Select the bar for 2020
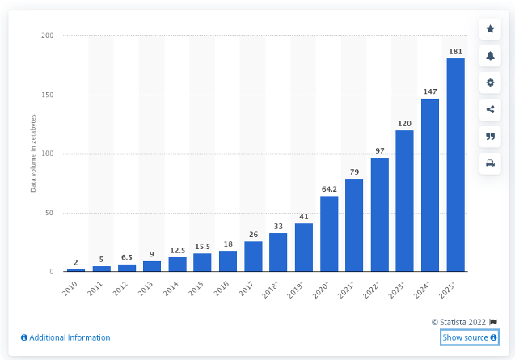pyautogui.click(x=329, y=234)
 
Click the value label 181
pyautogui.click(x=455, y=51)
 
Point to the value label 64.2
pyautogui.click(x=329, y=188)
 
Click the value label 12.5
pyautogui.click(x=178, y=250)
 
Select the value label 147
pyautogui.click(x=430, y=91)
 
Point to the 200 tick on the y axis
pyautogui.click(x=48, y=36)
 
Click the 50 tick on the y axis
pyautogui.click(x=49, y=213)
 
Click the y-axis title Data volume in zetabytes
pyautogui.click(x=33, y=155)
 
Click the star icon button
pyautogui.click(x=490, y=29)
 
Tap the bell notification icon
pyautogui.click(x=490, y=56)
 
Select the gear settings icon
pyautogui.click(x=490, y=83)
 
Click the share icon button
pyautogui.click(x=490, y=109)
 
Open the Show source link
pyautogui.click(x=469, y=337)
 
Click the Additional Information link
pyautogui.click(x=65, y=337)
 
